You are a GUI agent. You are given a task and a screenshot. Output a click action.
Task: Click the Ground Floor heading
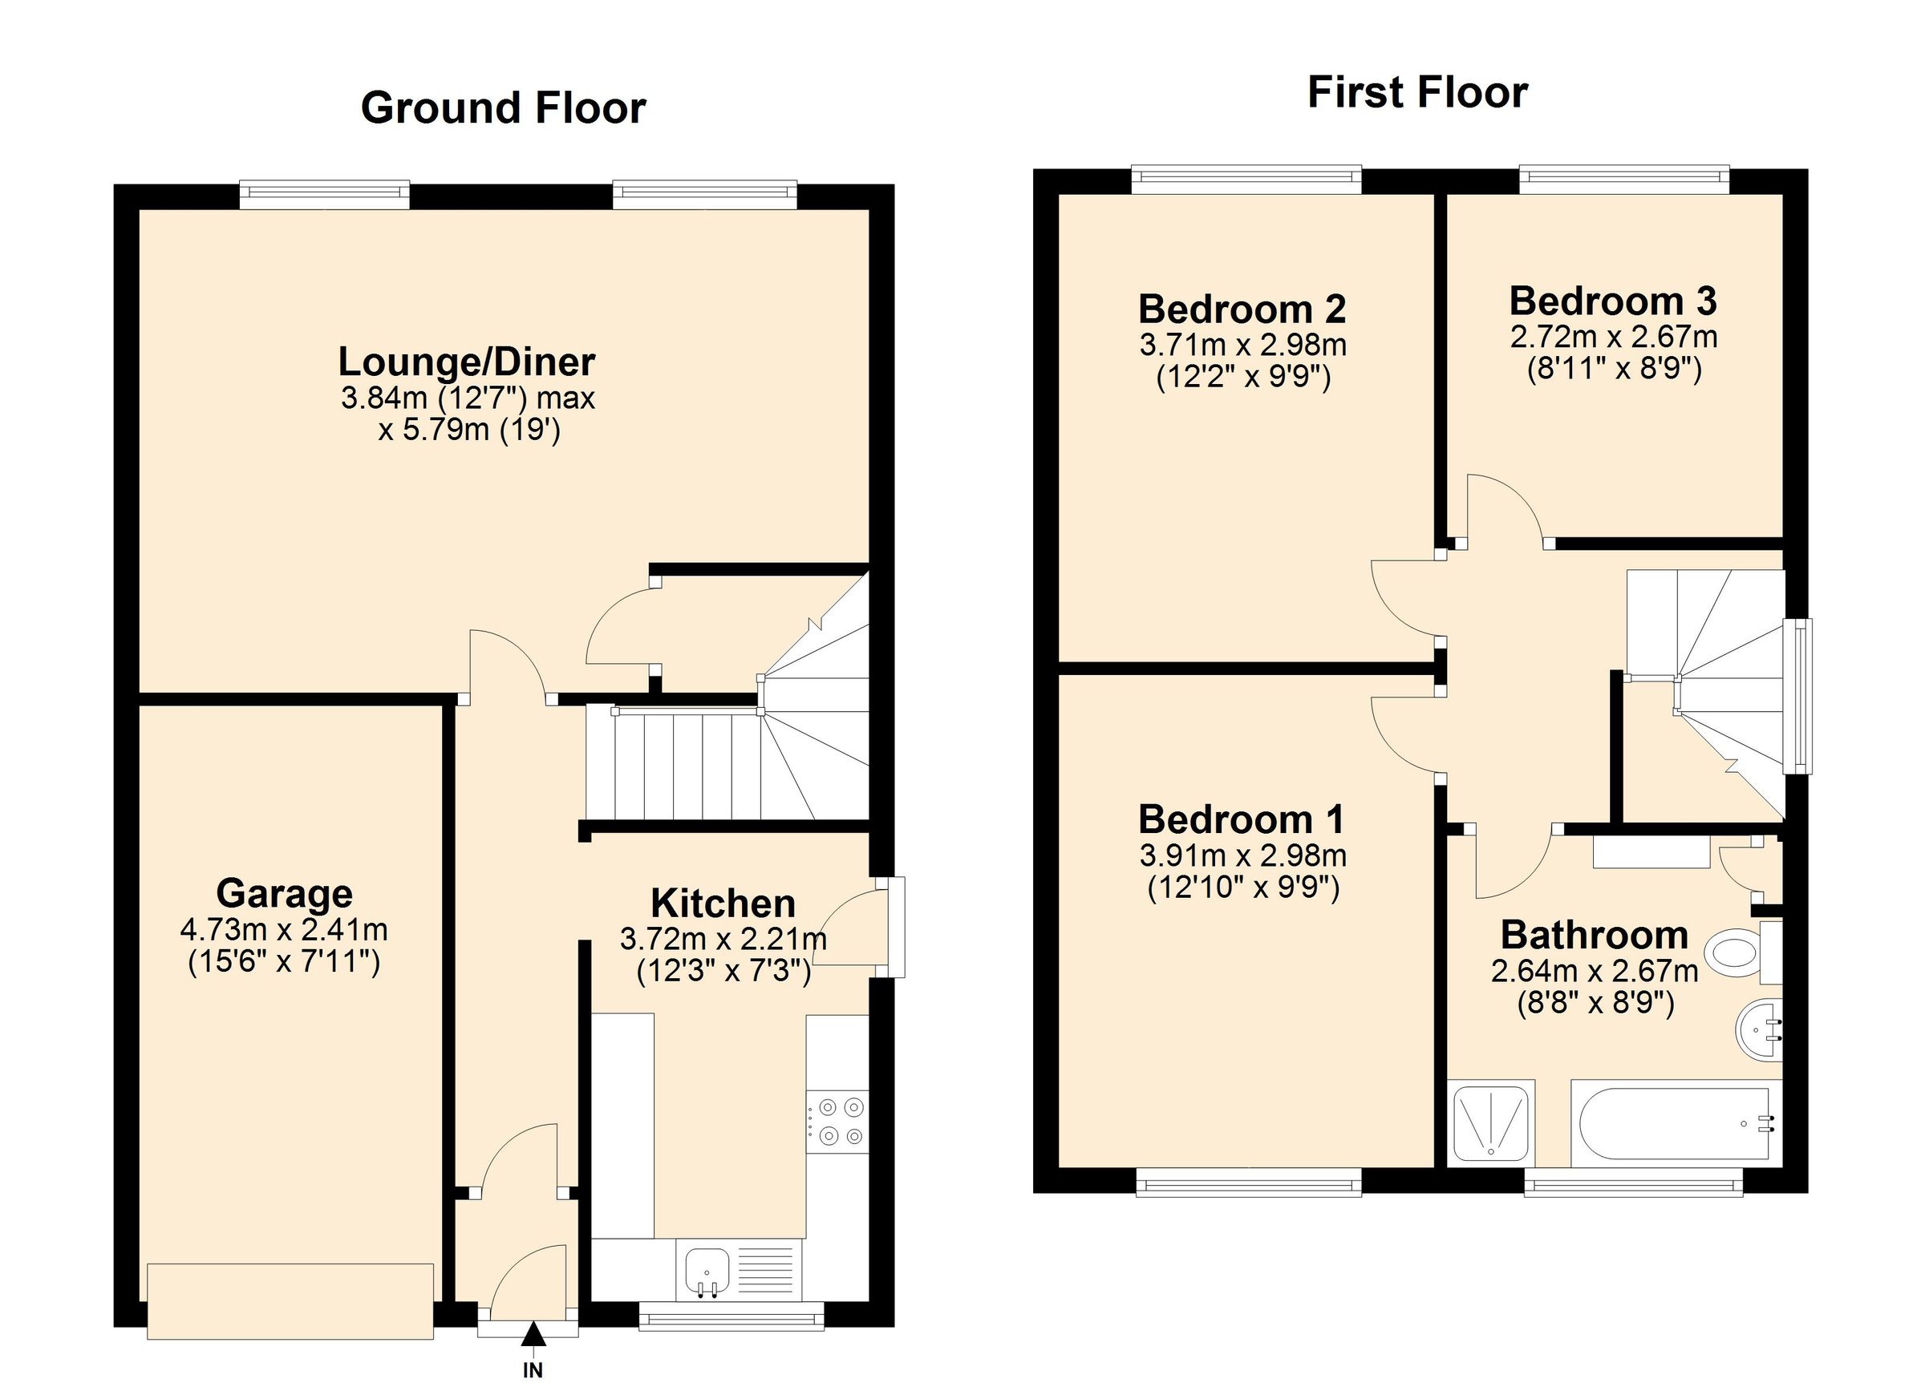pos(504,108)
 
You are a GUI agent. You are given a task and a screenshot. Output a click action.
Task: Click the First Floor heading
pos(1416,93)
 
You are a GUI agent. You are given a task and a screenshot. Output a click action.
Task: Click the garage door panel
pos(290,1300)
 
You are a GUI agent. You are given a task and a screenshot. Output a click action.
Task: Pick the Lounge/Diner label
pos(467,362)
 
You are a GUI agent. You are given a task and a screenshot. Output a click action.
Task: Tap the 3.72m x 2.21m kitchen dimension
pos(723,939)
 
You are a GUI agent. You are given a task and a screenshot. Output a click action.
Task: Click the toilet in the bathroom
pos(1732,950)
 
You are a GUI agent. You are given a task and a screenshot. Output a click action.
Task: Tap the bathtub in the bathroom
pos(1674,1123)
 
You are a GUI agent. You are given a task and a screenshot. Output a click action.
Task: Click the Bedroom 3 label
pos(1613,302)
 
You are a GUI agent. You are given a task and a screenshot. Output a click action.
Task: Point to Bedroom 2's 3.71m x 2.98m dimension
pos(1242,346)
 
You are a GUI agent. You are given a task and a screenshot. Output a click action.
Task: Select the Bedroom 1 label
pos(1241,819)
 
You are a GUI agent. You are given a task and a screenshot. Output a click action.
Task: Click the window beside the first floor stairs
pos(1797,697)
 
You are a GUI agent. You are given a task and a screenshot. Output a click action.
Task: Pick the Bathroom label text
pos(1594,935)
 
